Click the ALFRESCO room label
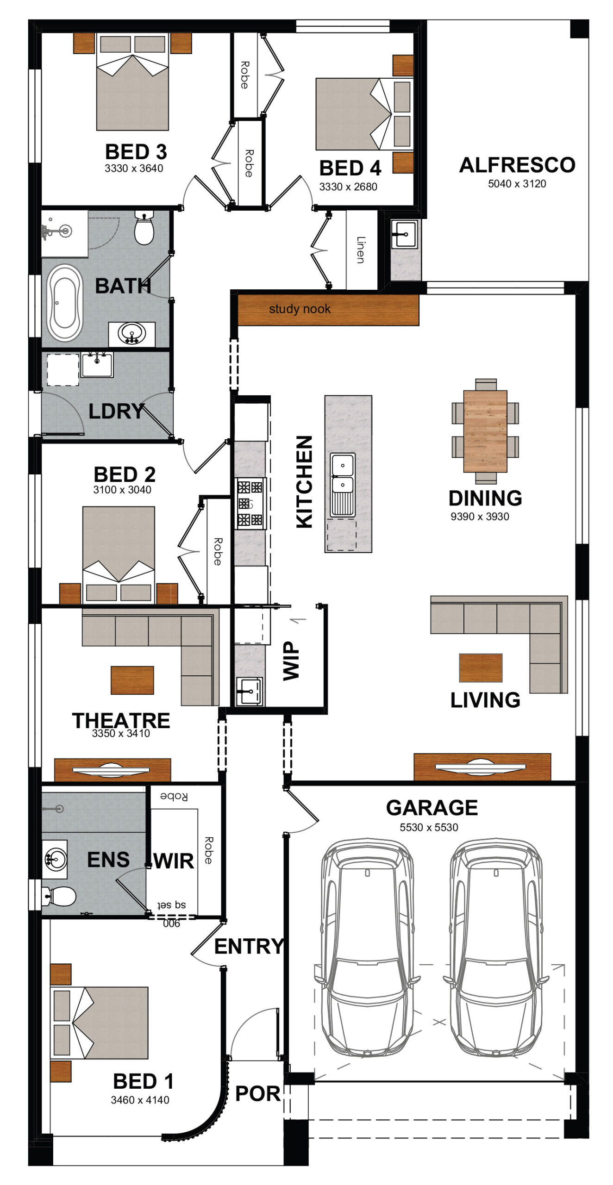click(x=517, y=165)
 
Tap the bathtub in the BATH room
click(x=65, y=303)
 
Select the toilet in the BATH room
click(x=144, y=227)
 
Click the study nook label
click(x=300, y=309)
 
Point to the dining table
click(x=485, y=431)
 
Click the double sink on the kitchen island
click(x=343, y=484)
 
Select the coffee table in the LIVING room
click(x=481, y=667)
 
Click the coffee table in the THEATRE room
click(x=132, y=680)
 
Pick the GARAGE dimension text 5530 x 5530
click(x=429, y=827)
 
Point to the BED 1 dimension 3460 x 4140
click(x=140, y=1100)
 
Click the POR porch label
click(x=257, y=1093)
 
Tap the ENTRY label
click(x=249, y=946)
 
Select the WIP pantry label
click(x=291, y=661)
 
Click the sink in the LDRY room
click(x=97, y=364)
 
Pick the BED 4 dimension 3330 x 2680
click(x=348, y=187)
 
